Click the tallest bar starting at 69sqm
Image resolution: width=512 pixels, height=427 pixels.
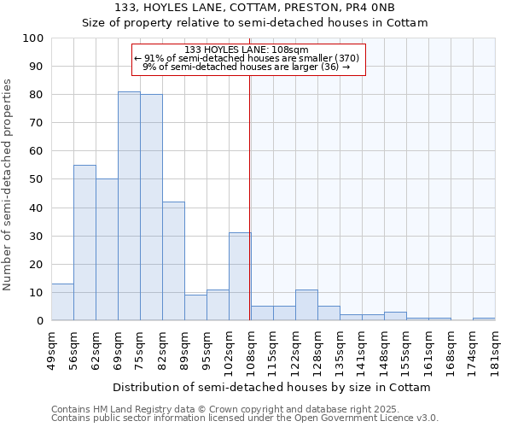[x=129, y=206]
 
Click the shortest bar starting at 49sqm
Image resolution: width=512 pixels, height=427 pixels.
[x=62, y=302]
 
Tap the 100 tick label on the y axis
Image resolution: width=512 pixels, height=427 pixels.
[x=33, y=38]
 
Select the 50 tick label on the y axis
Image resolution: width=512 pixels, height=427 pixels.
[x=36, y=179]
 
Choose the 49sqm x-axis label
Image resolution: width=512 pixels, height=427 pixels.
[x=51, y=348]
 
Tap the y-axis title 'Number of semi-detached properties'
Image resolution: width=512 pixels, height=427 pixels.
[x=9, y=184]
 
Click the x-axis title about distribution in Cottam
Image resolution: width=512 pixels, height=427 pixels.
[x=271, y=388]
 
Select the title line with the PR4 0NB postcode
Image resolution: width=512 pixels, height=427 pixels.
[x=254, y=8]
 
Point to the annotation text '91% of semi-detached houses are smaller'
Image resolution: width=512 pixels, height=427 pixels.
[x=247, y=58]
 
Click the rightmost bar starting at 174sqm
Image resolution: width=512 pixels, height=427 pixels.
[x=484, y=319]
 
